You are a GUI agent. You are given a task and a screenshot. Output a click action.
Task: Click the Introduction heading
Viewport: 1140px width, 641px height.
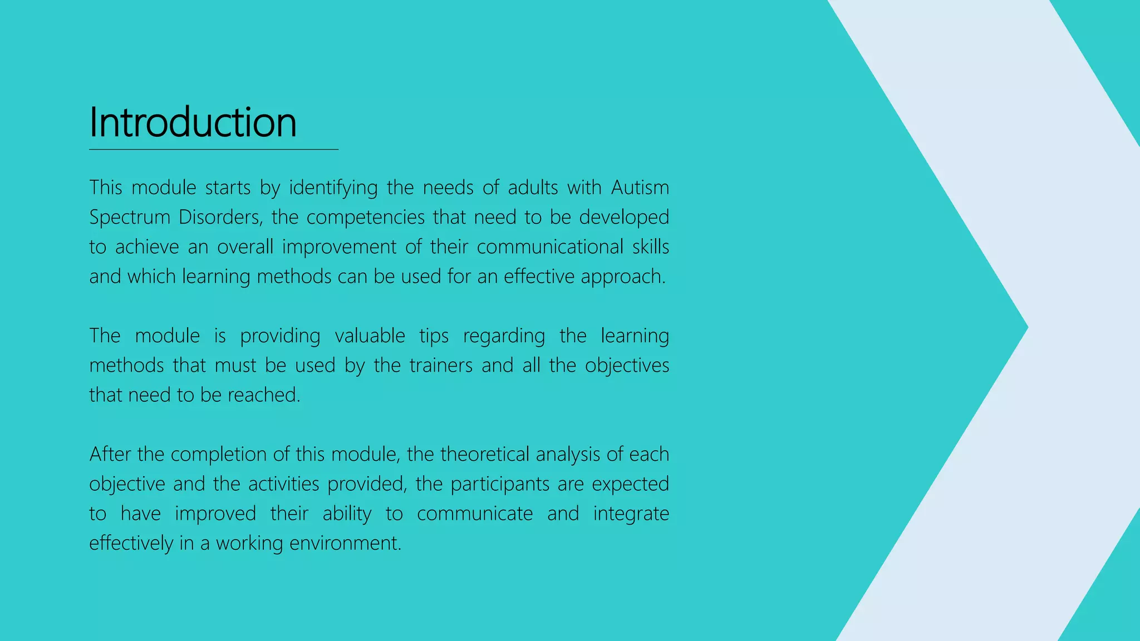pyautogui.click(x=193, y=122)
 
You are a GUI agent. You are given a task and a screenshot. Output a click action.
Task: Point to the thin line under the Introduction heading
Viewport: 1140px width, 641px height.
pyautogui.click(x=214, y=150)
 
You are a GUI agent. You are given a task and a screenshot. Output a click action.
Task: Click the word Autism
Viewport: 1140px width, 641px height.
pyautogui.click(x=640, y=188)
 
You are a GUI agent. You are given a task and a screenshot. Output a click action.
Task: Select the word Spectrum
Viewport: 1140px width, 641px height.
pyautogui.click(x=129, y=217)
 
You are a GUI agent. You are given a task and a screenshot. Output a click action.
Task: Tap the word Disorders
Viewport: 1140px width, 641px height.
pyautogui.click(x=220, y=217)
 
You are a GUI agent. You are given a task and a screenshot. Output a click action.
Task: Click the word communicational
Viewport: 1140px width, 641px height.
pyautogui.click(x=549, y=246)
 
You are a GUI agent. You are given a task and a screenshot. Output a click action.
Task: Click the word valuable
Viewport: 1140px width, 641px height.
pyautogui.click(x=370, y=336)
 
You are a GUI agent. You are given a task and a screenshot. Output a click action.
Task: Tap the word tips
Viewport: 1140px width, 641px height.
pyautogui.click(x=434, y=336)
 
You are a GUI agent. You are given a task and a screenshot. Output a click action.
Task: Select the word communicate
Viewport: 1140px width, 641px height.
pyautogui.click(x=474, y=513)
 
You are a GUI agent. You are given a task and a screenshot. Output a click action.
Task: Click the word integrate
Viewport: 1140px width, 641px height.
pyautogui.click(x=631, y=513)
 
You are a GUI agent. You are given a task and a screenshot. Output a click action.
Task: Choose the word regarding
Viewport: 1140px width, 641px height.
pyautogui.click(x=504, y=336)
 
